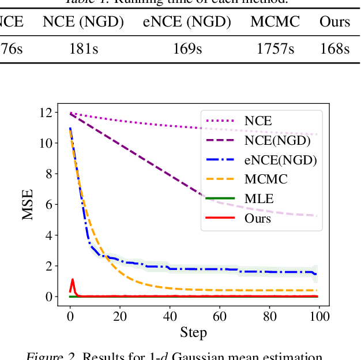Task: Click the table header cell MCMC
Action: (275, 22)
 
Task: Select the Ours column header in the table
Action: (335, 22)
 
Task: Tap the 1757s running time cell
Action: (275, 49)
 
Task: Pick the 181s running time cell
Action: (83, 49)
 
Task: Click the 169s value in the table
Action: (187, 49)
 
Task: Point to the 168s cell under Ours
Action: (335, 49)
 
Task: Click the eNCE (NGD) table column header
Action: (187, 22)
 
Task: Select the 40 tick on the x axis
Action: (170, 316)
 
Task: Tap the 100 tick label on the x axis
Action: (319, 316)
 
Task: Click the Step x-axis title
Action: (193, 333)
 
